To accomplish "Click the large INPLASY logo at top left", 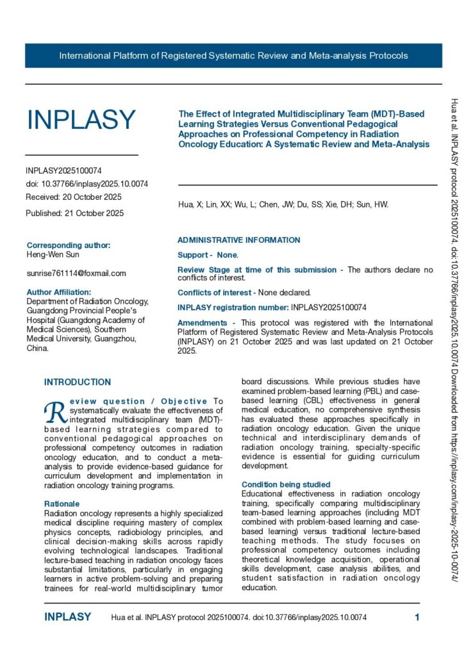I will click(81, 120).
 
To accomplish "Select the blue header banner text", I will click(233, 56).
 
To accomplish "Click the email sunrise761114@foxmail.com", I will click(76, 273).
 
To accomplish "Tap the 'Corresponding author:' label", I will click(69, 245).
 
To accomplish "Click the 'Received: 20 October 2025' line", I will click(74, 197).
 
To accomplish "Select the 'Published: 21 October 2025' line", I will click(75, 213).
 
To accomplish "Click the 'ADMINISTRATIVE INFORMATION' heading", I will click(238, 240).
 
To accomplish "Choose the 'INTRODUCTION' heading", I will click(78, 382).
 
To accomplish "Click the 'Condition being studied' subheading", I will click(286, 484).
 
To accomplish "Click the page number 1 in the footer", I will click(417, 618).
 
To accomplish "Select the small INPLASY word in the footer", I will click(67, 618).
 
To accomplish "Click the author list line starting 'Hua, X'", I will click(283, 205).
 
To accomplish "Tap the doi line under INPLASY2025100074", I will click(87, 184).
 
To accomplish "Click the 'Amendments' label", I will click(202, 323).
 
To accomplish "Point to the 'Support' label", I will click(193, 255).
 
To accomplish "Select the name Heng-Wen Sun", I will click(53, 255).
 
